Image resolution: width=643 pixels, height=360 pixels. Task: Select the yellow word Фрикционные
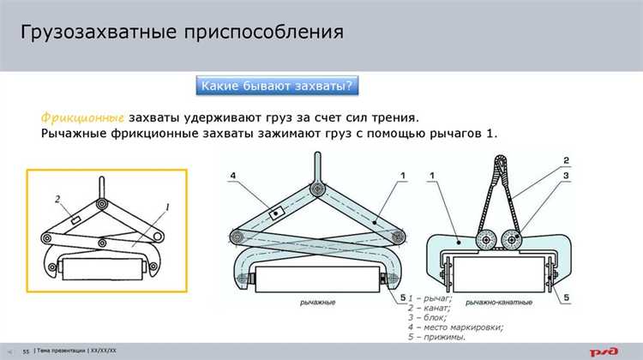83,117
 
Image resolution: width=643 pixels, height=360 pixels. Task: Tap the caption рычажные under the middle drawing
318,303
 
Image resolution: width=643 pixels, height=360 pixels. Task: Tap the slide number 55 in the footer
26,351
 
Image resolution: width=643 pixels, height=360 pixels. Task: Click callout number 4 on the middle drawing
231,177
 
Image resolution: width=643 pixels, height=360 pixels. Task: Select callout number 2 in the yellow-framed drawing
57,200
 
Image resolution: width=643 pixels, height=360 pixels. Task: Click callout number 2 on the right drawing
567,160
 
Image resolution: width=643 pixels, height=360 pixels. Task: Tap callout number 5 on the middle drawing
401,298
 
